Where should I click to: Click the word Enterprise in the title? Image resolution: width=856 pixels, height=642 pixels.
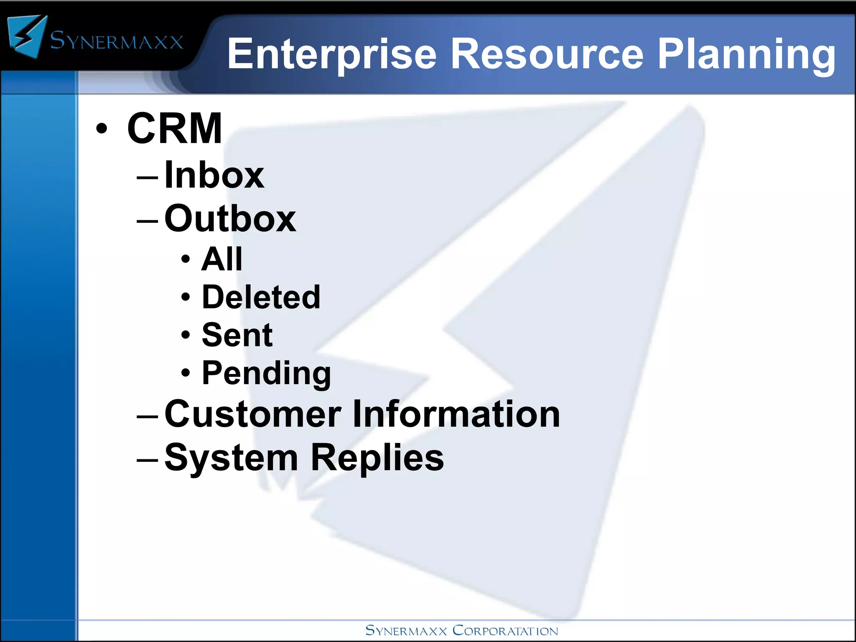331,54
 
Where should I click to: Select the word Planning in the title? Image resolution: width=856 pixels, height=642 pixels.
746,54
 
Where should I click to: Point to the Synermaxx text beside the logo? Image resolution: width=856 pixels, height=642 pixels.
117,41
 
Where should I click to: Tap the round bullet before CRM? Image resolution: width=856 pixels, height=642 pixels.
102,129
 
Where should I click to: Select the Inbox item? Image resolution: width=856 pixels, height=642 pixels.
214,175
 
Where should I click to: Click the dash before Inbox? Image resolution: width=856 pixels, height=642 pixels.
147,177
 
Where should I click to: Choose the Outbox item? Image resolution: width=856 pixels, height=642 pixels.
230,218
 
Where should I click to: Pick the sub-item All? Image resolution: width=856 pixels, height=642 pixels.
222,259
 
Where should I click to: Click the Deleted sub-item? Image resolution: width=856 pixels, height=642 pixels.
261,297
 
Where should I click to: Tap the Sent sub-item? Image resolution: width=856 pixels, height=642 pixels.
237,335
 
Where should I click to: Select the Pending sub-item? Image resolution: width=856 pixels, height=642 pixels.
266,373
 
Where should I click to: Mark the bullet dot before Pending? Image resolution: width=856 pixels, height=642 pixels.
186,372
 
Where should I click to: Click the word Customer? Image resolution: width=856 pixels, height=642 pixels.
253,414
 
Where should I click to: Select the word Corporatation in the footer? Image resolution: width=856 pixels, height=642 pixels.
505,631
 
